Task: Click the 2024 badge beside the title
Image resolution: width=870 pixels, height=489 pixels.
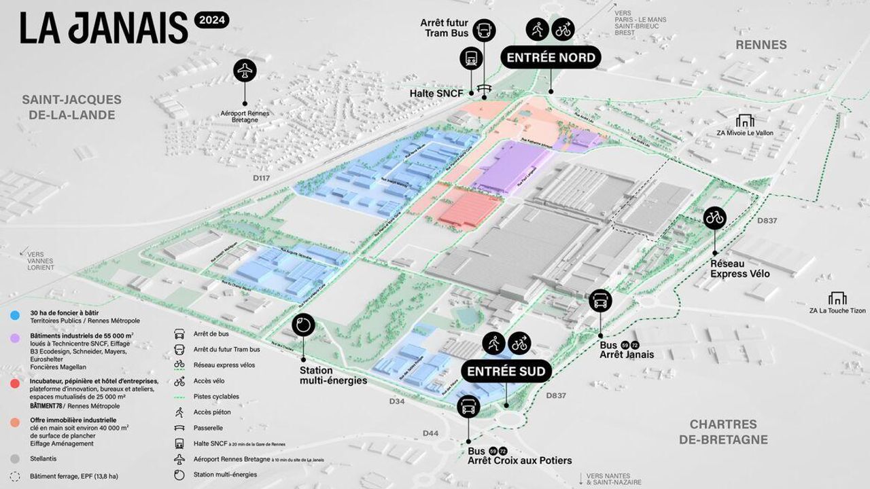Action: coord(211,21)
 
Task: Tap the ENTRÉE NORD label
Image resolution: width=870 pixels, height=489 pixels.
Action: coord(550,57)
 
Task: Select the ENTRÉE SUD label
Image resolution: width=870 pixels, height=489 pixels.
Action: coord(506,372)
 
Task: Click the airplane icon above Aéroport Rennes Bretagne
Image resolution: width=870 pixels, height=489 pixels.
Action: coord(245,71)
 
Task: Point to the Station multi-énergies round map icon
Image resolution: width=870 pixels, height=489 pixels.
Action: coord(304,325)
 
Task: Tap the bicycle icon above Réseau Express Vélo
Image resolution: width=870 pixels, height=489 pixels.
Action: coord(715,217)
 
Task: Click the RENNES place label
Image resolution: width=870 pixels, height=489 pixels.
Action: coord(761,45)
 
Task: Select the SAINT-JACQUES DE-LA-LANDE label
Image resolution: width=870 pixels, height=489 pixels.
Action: coord(72,107)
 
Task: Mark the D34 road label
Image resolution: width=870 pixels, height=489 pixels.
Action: coord(398,402)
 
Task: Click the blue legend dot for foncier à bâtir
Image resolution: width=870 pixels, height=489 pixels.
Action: coord(15,314)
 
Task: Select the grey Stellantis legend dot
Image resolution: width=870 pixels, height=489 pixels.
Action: coord(15,458)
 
